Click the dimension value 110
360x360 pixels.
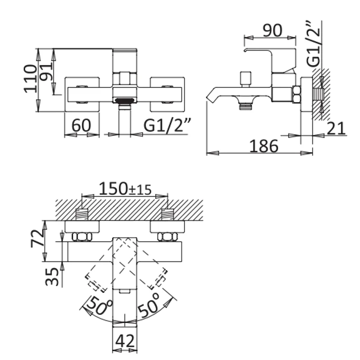pos(30,79)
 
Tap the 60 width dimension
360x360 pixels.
pos(81,126)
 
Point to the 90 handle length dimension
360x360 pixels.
pos(272,31)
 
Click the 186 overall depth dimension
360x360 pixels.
pos(264,146)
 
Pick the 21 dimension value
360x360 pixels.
pos(336,128)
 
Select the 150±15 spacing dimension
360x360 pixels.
pos(125,189)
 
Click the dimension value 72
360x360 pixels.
pos(37,238)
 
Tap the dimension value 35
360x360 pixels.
pos(52,277)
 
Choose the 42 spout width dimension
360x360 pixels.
pos(125,341)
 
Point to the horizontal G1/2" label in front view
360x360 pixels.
pos(167,125)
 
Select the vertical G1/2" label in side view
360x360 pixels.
pos(313,44)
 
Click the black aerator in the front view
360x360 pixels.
pos(125,100)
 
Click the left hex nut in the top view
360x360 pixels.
pos(82,237)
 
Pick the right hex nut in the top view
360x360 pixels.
pos(167,237)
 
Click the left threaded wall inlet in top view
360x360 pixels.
pos(82,215)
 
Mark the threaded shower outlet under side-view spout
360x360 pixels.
pos(246,106)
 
